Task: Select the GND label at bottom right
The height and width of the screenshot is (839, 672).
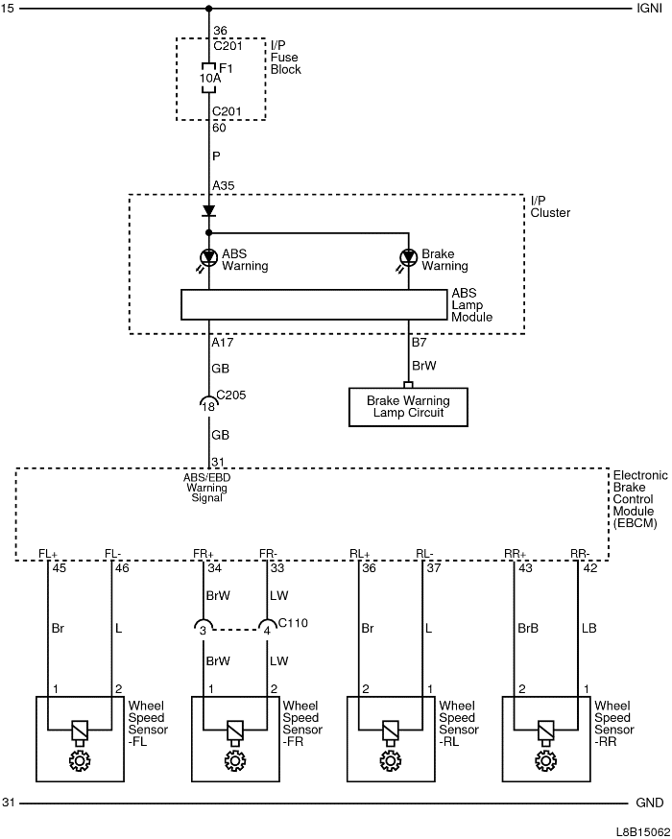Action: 650,803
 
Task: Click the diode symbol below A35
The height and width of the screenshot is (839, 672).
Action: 208,211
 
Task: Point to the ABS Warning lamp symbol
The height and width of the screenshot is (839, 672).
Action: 208,257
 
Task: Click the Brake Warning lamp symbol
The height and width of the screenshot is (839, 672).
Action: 409,257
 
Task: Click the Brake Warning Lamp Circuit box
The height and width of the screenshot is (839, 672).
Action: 408,406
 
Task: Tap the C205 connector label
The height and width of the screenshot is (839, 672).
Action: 231,395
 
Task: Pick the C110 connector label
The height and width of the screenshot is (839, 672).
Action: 294,623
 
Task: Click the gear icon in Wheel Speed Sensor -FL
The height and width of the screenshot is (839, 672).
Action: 79,762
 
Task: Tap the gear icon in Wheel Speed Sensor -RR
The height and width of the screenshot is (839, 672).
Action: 546,762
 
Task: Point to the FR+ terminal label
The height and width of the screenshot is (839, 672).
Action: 204,553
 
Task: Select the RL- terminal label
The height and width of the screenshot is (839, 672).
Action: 424,553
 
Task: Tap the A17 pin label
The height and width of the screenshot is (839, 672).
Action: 222,342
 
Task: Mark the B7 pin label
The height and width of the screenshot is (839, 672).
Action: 420,342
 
